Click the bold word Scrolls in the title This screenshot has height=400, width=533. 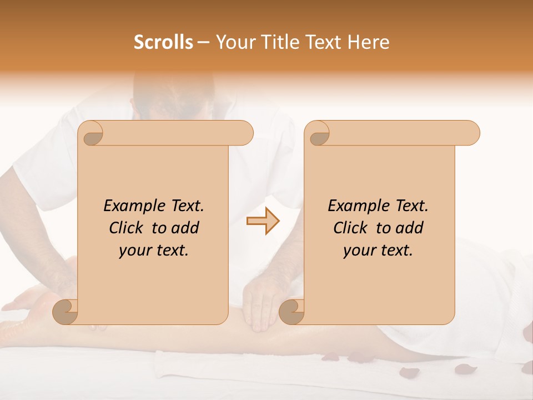coord(163,42)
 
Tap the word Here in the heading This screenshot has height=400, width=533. coord(368,42)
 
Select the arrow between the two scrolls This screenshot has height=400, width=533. coord(263,221)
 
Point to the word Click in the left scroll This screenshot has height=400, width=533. coord(127,228)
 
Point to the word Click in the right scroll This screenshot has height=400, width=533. coord(351,228)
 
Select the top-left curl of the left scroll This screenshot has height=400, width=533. coord(91,133)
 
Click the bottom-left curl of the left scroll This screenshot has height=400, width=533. coord(65,312)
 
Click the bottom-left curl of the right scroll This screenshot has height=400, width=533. coord(291,312)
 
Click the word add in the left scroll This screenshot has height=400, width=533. coord(185,228)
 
